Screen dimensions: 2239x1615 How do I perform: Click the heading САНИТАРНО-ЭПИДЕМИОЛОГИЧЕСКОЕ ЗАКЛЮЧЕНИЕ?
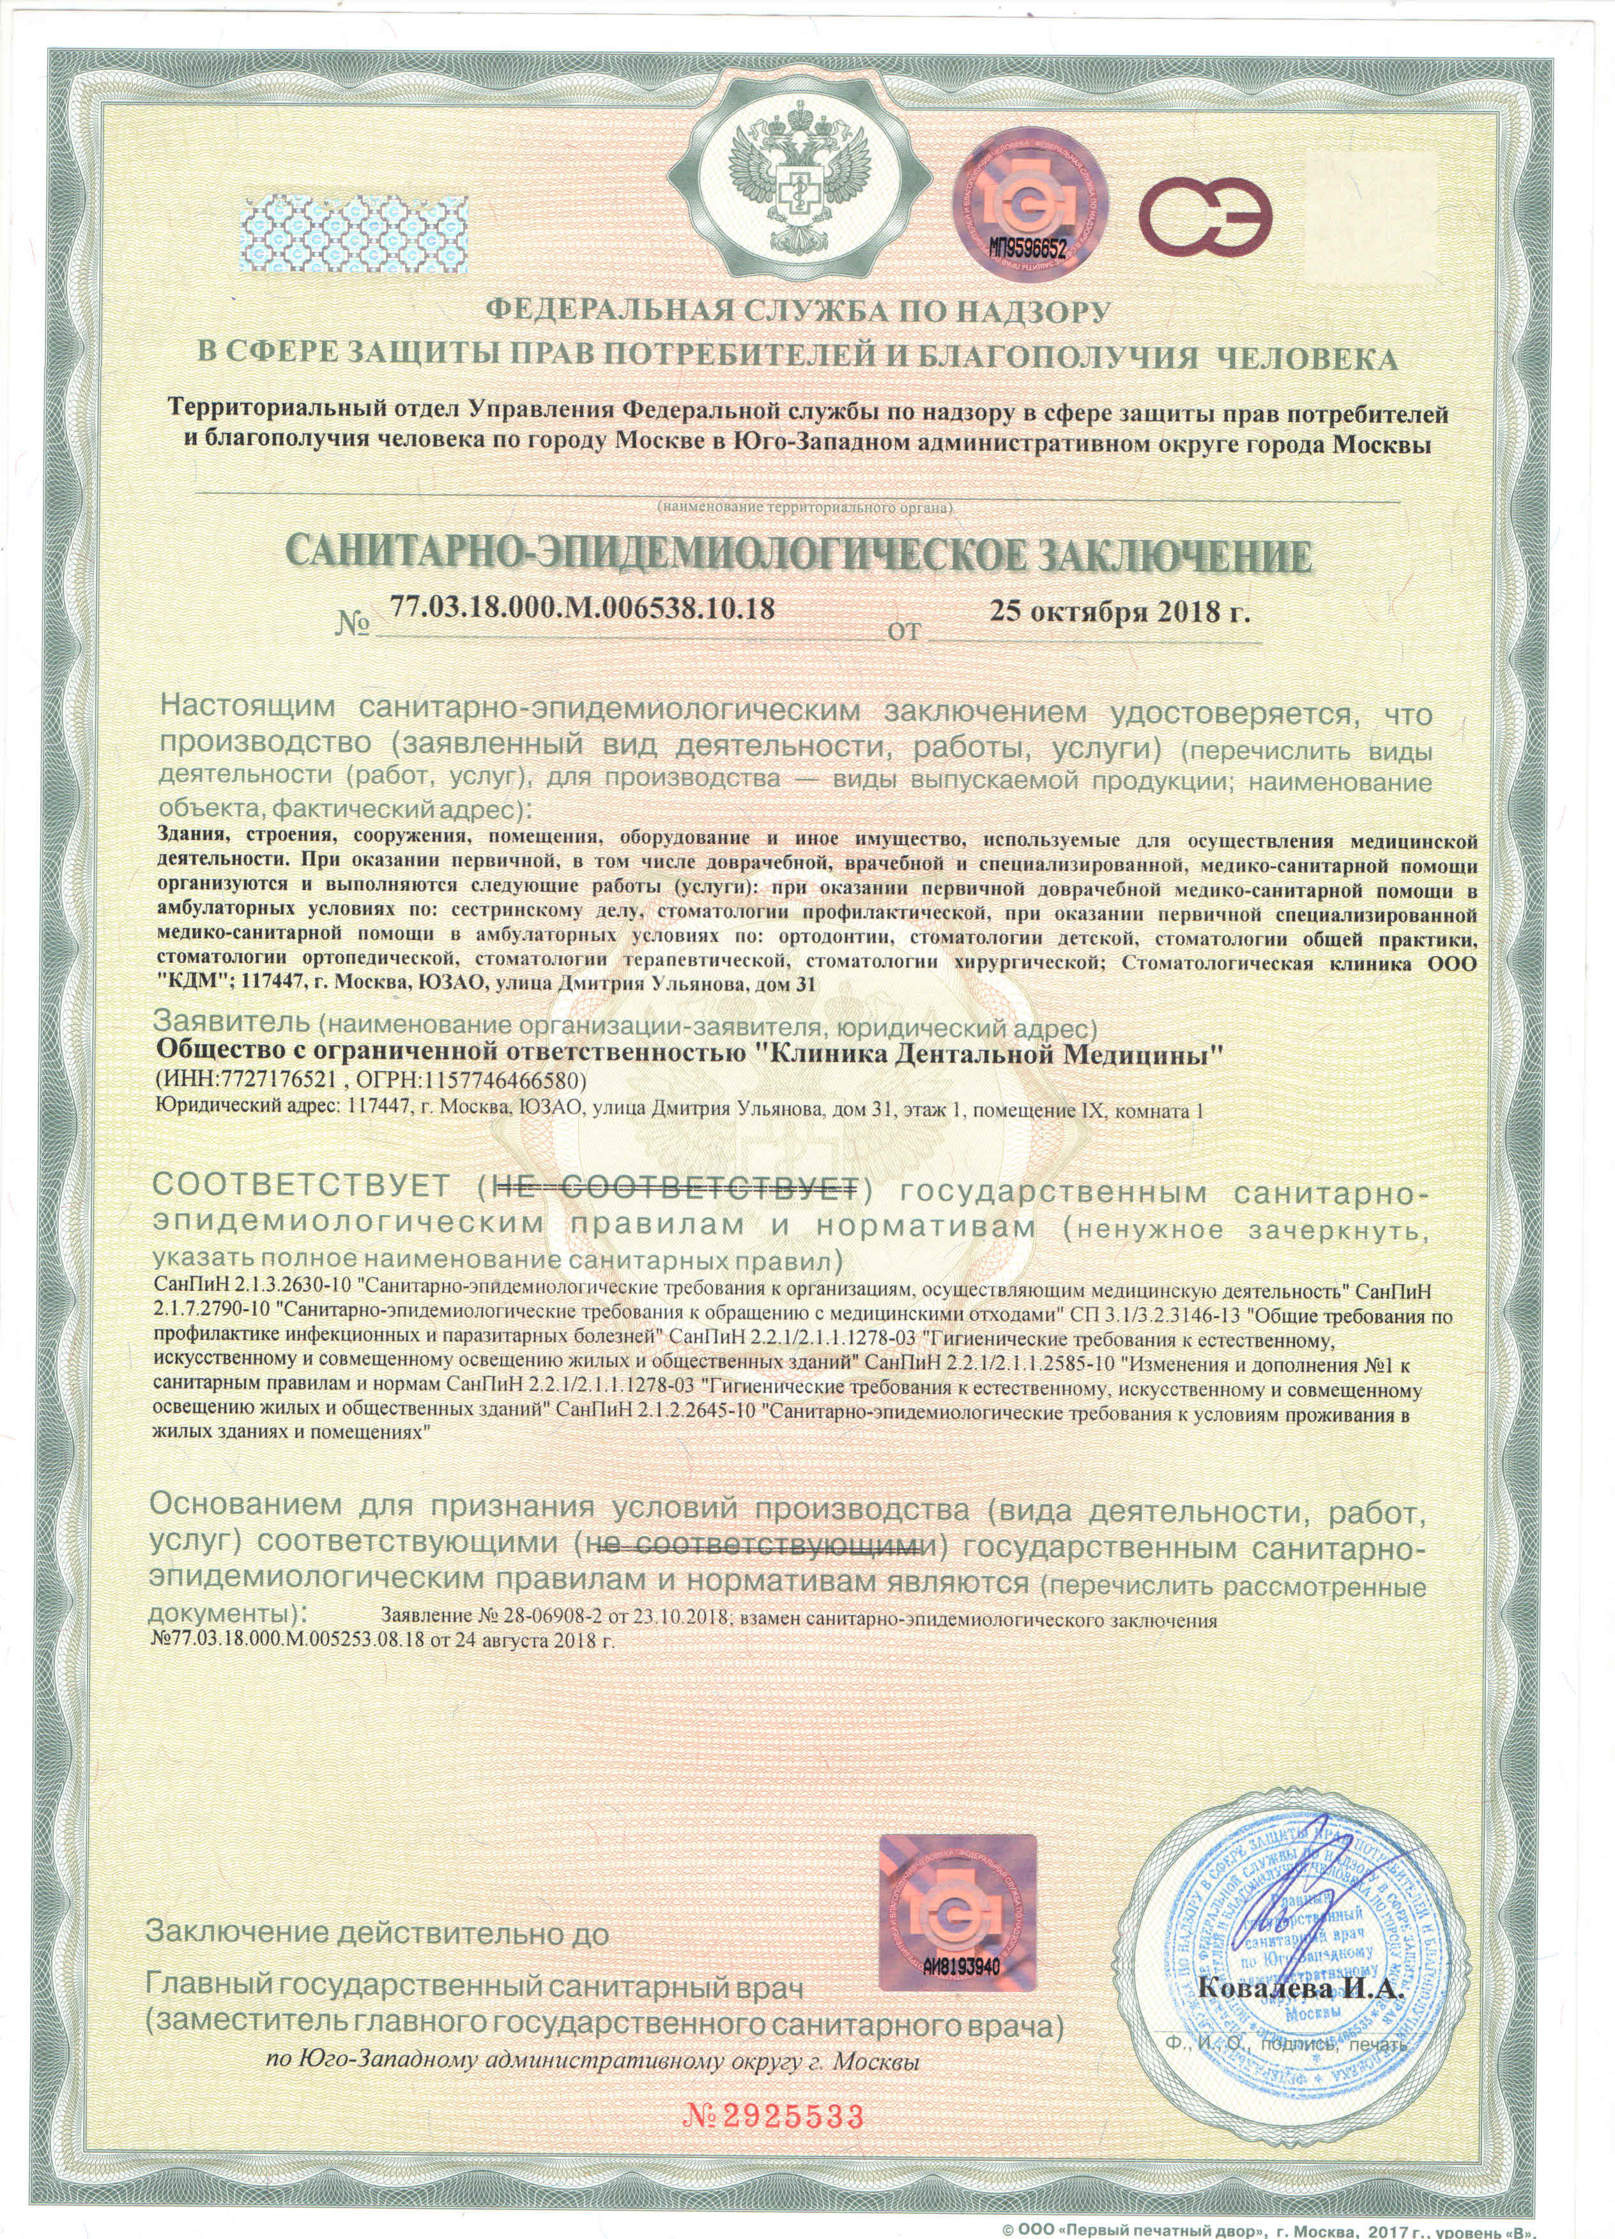point(800,555)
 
